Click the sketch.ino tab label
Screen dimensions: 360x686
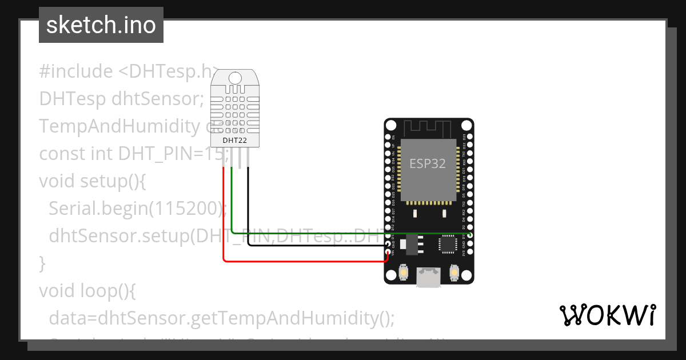(x=101, y=25)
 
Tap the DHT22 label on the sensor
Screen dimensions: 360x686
(x=234, y=139)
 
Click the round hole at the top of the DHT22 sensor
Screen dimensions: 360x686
(x=234, y=77)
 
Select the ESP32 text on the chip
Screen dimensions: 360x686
(x=428, y=163)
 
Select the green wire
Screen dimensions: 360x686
(x=343, y=234)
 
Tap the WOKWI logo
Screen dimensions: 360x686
(x=607, y=315)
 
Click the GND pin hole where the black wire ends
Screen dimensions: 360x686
(x=388, y=244)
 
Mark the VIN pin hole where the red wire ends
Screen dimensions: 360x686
(x=388, y=252)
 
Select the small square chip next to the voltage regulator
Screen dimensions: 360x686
(x=448, y=244)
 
